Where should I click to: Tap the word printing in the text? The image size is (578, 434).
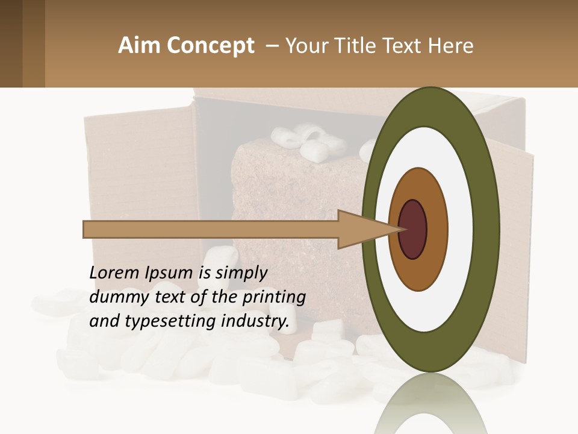click(x=273, y=298)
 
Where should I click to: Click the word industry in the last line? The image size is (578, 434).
click(x=255, y=321)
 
